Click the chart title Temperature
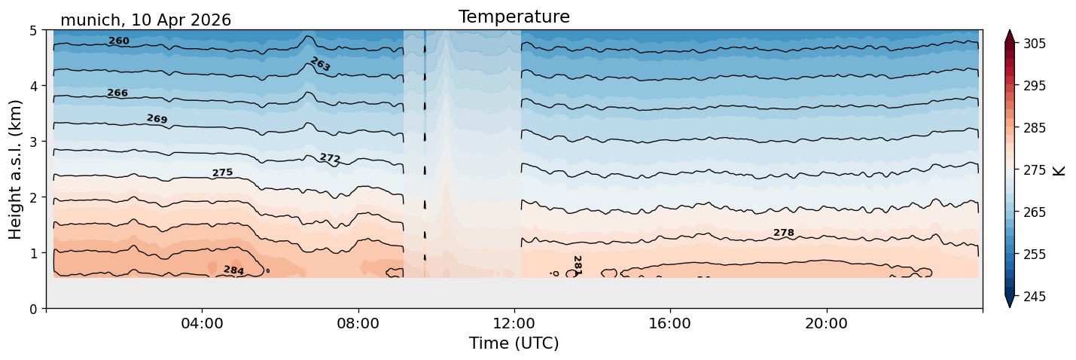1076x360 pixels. [x=514, y=17]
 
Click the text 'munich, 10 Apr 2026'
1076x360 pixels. [x=145, y=20]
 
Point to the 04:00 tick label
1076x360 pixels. [x=203, y=323]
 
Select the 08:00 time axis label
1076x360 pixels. [x=358, y=323]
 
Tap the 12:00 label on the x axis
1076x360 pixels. [x=514, y=323]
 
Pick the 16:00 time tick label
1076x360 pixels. [x=670, y=323]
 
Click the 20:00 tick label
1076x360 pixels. [x=826, y=323]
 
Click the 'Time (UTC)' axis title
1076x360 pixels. [x=514, y=343]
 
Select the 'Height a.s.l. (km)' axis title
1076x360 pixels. [x=15, y=169]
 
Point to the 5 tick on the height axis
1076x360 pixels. [x=34, y=31]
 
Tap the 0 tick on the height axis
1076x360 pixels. [x=34, y=309]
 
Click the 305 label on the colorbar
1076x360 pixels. [x=1035, y=44]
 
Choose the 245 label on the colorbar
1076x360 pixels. [x=1035, y=297]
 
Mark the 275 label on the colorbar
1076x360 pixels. [x=1035, y=170]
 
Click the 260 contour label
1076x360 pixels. [x=119, y=41]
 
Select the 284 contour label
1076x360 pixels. [x=234, y=270]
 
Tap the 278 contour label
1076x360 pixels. [x=783, y=233]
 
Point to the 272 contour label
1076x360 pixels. [x=330, y=158]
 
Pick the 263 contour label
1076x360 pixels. [x=321, y=64]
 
